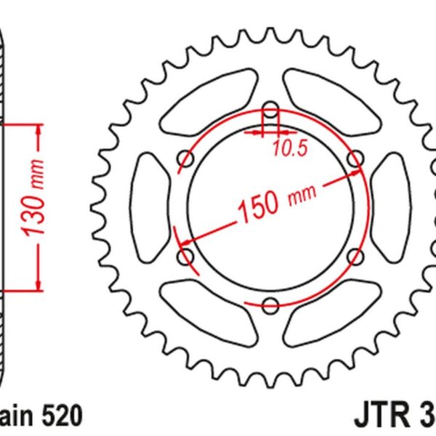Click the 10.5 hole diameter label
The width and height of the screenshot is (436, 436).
[291, 148]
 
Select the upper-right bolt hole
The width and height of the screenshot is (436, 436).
[355, 158]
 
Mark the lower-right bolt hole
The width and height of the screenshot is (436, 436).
[355, 256]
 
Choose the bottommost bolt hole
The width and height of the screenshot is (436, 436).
[270, 304]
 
